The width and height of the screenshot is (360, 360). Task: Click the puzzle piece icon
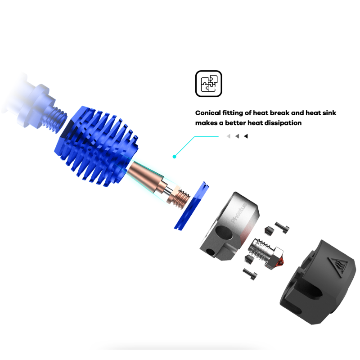208,84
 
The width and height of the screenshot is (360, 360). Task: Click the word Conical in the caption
208,113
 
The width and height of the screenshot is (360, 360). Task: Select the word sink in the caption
329,113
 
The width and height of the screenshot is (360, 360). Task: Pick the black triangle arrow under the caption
246,136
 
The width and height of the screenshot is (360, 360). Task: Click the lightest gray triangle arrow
229,136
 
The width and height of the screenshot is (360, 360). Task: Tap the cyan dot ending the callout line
174,157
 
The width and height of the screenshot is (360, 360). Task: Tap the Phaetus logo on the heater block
239,213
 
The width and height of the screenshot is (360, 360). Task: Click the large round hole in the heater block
222,233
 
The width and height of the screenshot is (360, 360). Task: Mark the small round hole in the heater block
211,252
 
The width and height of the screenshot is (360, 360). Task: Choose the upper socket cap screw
282,228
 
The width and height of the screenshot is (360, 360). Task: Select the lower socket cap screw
250,274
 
